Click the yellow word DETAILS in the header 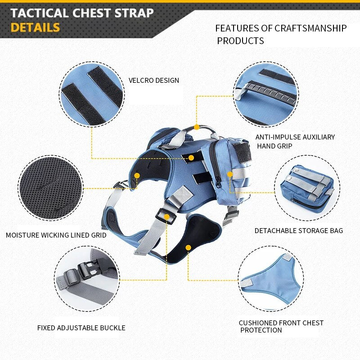pyautogui.click(x=35, y=27)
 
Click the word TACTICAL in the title pyautogui.click(x=40, y=13)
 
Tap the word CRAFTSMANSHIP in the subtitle pyautogui.click(x=310, y=28)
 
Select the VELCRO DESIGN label pyautogui.click(x=153, y=81)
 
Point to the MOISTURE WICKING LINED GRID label pyautogui.click(x=56, y=235)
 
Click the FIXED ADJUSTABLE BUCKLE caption pyautogui.click(x=81, y=328)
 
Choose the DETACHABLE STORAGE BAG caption pyautogui.click(x=299, y=230)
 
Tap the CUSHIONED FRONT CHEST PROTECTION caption pyautogui.click(x=281, y=326)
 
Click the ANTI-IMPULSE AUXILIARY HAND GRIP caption pyautogui.click(x=295, y=141)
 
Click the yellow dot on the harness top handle pyautogui.click(x=197, y=127)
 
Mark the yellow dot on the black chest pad pyautogui.click(x=188, y=248)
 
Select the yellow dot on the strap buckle pyautogui.click(x=167, y=217)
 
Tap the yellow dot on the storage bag pyautogui.click(x=230, y=174)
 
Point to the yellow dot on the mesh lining pyautogui.click(x=137, y=175)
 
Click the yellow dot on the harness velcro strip pyautogui.click(x=191, y=158)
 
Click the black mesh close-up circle pyautogui.click(x=51, y=188)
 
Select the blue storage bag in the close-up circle pyautogui.click(x=307, y=188)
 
